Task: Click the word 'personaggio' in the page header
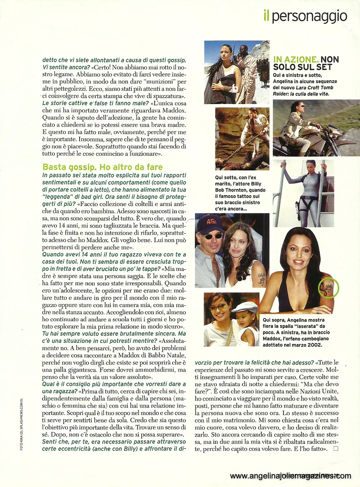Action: pos(310,16)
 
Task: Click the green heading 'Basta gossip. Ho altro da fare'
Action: pos(102,167)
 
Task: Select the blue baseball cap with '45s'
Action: pos(211,224)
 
